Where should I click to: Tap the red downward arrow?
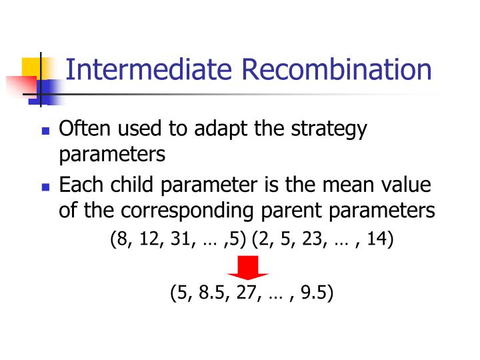coord(249,270)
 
